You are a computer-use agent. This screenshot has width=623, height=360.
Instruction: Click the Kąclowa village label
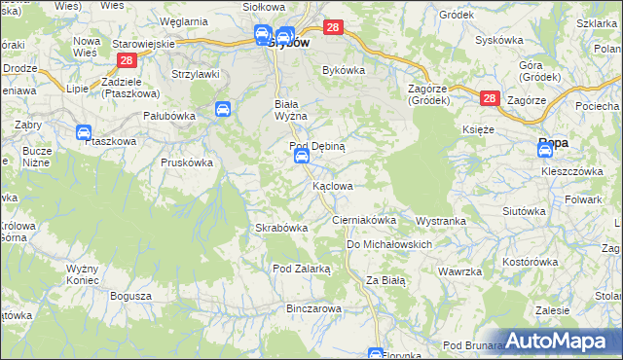tap(332, 185)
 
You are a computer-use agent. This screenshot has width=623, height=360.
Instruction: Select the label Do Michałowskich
tap(388, 244)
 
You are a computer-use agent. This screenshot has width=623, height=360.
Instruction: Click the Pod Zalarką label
tap(302, 268)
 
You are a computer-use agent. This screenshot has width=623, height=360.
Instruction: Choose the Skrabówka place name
tap(281, 228)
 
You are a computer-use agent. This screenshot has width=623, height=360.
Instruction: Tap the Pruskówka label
tap(185, 162)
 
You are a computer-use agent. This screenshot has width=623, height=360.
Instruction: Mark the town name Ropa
tap(554, 143)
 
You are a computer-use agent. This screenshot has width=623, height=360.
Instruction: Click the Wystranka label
tap(441, 221)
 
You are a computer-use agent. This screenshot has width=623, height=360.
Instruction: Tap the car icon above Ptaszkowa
tap(84, 131)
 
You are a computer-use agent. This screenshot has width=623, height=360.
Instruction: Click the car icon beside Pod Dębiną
tap(302, 157)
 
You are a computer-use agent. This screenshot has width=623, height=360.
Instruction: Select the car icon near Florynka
tap(376, 354)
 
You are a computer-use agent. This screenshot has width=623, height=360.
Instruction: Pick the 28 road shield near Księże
tap(489, 98)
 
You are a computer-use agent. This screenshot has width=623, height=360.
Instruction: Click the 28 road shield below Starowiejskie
tap(126, 60)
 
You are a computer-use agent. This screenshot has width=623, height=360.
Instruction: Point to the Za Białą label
tap(385, 280)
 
